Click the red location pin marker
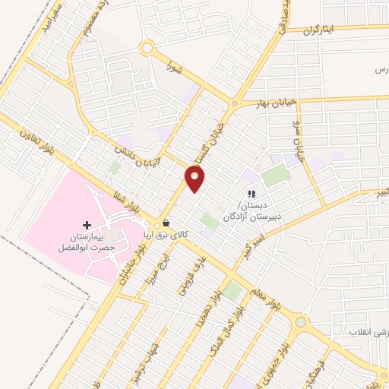[x=195, y=179]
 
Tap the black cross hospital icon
[x=87, y=225]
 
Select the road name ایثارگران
[x=320, y=30]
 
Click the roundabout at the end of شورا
[x=147, y=48]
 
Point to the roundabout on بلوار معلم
[x=302, y=322]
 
